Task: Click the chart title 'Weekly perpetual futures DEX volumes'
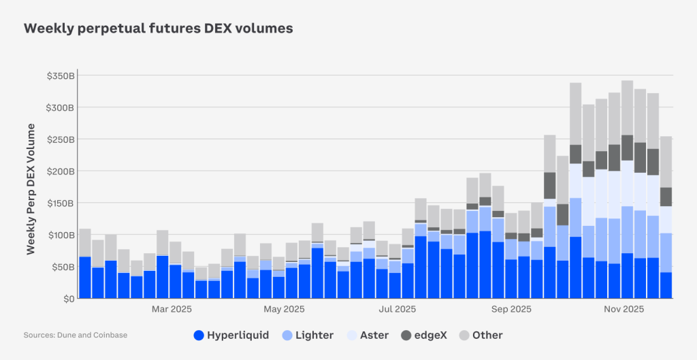click(159, 29)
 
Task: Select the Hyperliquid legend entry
click(231, 335)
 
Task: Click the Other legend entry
click(481, 335)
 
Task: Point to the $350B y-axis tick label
click(61, 76)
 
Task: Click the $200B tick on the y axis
click(61, 171)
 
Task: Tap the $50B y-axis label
click(63, 267)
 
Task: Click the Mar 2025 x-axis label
click(172, 310)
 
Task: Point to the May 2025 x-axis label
click(284, 310)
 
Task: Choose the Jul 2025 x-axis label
click(397, 310)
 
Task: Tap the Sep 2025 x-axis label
click(511, 310)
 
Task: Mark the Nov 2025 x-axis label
click(624, 310)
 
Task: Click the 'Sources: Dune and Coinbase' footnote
click(76, 335)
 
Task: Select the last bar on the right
click(666, 218)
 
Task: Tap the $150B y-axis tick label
click(61, 203)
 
